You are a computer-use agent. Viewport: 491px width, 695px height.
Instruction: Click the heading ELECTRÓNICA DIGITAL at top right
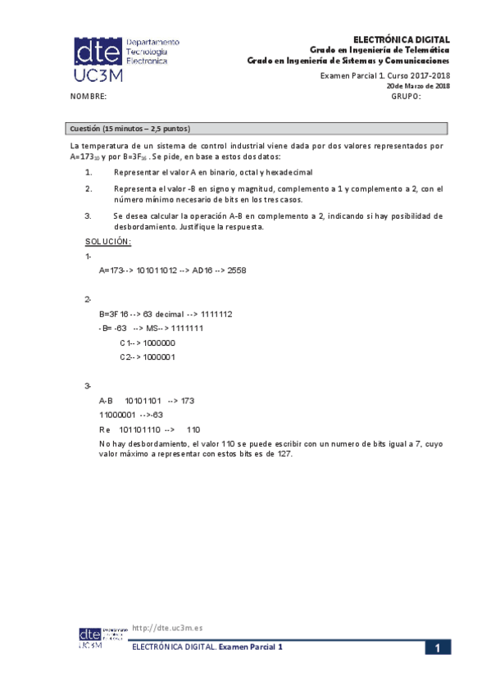point(402,39)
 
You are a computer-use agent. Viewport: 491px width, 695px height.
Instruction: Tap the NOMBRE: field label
point(89,97)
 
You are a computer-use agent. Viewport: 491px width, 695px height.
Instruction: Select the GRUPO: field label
point(406,97)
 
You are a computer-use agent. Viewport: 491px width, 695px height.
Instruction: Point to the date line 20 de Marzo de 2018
point(417,86)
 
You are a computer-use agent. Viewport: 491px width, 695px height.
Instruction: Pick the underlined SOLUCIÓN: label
point(108,242)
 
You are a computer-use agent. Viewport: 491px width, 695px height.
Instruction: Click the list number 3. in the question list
point(88,216)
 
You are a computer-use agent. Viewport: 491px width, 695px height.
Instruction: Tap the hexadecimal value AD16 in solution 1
point(203,270)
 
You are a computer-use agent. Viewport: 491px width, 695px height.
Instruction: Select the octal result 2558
point(238,270)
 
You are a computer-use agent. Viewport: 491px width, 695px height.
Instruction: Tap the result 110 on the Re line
point(193,429)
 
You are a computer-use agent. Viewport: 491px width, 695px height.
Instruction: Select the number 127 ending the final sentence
point(284,454)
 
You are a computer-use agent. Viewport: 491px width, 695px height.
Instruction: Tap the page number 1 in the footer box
point(439,648)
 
